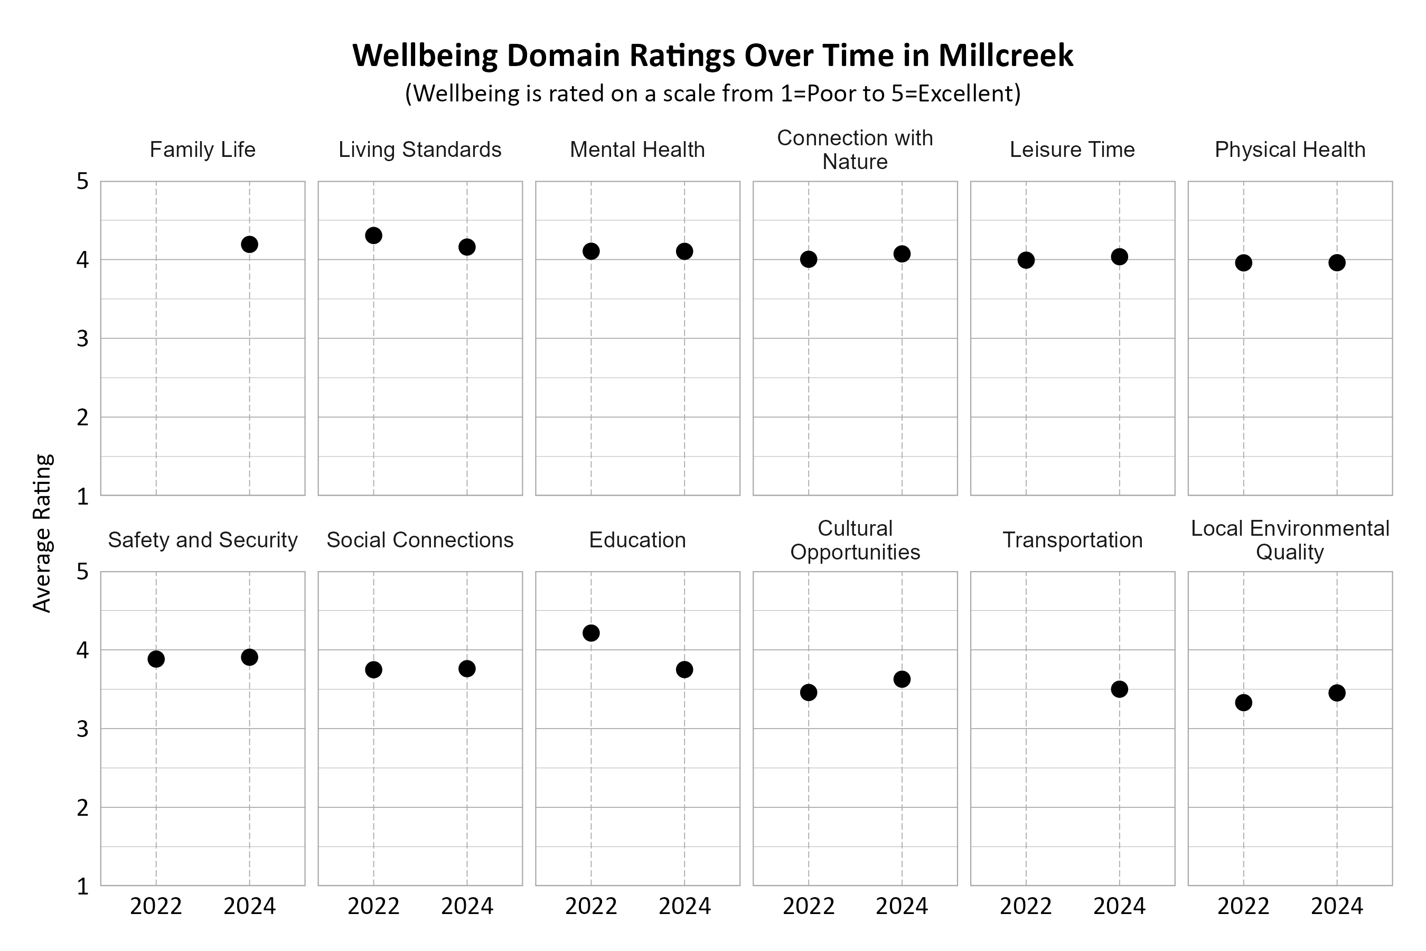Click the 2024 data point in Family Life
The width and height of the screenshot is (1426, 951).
(x=249, y=245)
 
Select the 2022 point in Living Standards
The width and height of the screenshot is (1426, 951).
(x=373, y=235)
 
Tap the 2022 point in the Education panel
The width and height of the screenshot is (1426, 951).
(x=590, y=633)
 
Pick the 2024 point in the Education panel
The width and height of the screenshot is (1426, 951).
(x=684, y=669)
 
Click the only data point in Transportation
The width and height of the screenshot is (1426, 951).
(x=1119, y=689)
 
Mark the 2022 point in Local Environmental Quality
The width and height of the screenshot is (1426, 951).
(x=1243, y=703)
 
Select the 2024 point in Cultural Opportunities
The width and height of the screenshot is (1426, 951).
(x=902, y=679)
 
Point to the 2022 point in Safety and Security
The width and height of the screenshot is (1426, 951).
(x=156, y=659)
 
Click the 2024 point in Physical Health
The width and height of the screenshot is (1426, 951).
(x=1337, y=263)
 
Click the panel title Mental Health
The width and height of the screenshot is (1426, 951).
(x=637, y=150)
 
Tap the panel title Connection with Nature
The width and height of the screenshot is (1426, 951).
(x=855, y=150)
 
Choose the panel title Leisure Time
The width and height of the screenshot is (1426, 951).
(x=1072, y=150)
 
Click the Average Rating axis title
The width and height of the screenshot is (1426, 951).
(x=42, y=533)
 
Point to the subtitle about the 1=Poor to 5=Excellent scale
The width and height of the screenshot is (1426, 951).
(x=713, y=94)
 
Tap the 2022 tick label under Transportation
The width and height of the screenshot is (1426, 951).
(x=1026, y=907)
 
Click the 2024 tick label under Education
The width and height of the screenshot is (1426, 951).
(x=684, y=907)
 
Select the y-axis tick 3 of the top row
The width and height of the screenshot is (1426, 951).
(x=82, y=339)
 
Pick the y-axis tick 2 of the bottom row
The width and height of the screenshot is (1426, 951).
(x=82, y=808)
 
